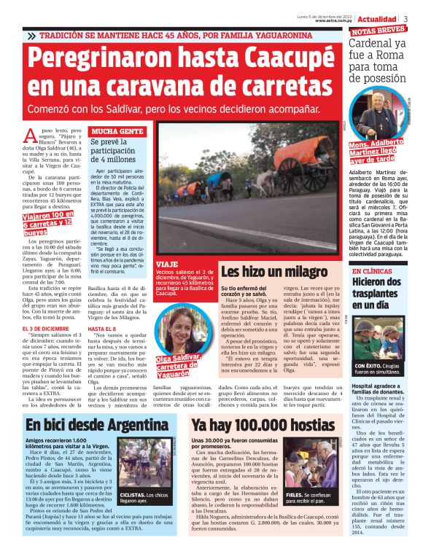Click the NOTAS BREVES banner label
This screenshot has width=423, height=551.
coord(378,31)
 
